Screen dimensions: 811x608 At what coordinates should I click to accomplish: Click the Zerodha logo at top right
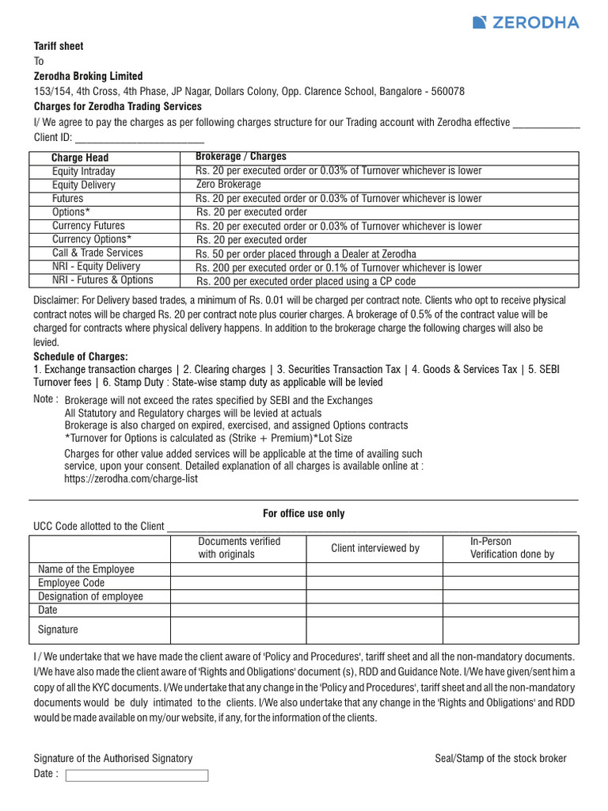coord(525,22)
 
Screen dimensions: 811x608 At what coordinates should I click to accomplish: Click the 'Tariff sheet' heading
coord(58,47)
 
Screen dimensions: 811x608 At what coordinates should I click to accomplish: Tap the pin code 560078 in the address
coord(443,91)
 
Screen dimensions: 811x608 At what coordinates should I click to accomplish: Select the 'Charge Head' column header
coord(80,158)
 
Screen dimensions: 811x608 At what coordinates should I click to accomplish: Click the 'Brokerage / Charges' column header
coord(241,157)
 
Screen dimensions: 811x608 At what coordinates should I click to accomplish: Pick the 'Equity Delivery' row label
coord(83,185)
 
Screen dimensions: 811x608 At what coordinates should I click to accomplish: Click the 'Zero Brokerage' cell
coord(228,185)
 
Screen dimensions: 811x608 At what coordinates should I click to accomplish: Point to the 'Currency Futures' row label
coord(88,226)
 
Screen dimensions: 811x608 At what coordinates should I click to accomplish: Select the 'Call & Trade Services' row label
coord(97,253)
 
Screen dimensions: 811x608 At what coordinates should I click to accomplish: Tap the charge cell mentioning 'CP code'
coord(306,281)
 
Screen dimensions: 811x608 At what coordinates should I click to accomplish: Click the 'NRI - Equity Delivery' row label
coord(96,267)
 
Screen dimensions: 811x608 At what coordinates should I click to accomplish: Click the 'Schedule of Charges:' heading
coord(81,356)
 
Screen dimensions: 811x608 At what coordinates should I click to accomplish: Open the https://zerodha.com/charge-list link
coord(131,479)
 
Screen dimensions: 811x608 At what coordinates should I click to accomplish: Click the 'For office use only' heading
coord(304,513)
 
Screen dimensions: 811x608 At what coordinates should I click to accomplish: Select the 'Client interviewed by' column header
coord(374,548)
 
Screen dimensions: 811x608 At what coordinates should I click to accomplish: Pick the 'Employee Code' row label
coord(71,583)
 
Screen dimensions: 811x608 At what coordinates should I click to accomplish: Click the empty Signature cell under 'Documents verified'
coord(238,630)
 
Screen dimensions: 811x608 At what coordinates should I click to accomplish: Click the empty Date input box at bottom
coord(136,775)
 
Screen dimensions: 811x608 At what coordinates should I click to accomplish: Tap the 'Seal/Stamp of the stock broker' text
coord(500,759)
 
